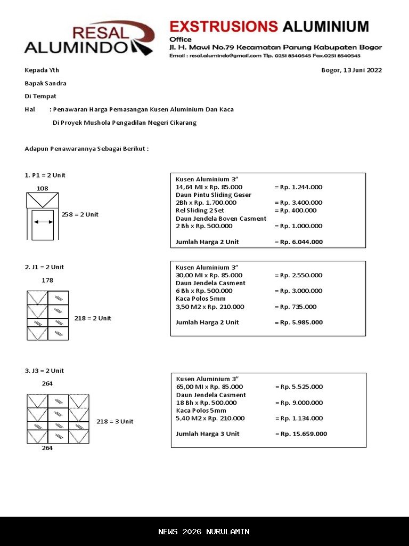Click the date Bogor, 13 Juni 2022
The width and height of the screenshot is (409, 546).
(351, 70)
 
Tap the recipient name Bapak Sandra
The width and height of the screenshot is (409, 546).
(45, 83)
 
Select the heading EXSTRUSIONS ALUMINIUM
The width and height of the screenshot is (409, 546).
(269, 26)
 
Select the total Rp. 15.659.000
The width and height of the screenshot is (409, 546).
(303, 434)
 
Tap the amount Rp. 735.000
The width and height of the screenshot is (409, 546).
(298, 307)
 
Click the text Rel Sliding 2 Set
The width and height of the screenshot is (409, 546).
(200, 211)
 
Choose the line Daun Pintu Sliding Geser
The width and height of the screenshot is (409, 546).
(214, 195)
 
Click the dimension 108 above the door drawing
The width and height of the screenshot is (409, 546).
(42, 188)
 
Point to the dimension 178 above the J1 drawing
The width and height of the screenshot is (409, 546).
(47, 280)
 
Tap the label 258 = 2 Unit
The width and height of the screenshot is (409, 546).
(80, 214)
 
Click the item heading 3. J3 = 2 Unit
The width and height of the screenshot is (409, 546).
(44, 371)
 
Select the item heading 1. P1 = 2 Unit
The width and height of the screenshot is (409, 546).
(45, 175)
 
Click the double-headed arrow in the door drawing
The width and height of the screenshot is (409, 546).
(43, 222)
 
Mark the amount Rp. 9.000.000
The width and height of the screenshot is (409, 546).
(301, 403)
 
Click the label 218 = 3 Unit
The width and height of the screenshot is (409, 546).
(114, 421)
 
